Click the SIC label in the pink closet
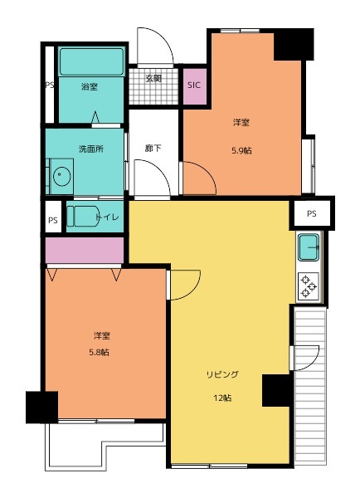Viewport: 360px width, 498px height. pyautogui.click(x=194, y=85)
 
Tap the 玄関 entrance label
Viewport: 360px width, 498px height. pyautogui.click(x=153, y=78)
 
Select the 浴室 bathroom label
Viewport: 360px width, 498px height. pyautogui.click(x=90, y=86)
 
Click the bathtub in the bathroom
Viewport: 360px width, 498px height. pyautogui.click(x=91, y=61)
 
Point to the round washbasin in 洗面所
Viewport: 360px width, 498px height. pyautogui.click(x=61, y=176)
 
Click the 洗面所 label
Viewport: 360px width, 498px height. pyautogui.click(x=91, y=149)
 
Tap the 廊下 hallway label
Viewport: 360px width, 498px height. pyautogui.click(x=153, y=148)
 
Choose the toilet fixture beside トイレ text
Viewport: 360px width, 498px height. pyautogui.click(x=83, y=217)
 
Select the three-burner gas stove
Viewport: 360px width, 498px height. pyautogui.click(x=309, y=287)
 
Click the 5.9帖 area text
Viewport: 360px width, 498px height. pyautogui.click(x=241, y=150)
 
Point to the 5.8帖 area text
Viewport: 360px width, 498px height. pyautogui.click(x=99, y=352)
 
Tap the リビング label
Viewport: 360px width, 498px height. pyautogui.click(x=222, y=374)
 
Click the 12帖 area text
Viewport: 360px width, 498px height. pyautogui.click(x=222, y=398)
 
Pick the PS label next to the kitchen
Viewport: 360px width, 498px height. pyautogui.click(x=311, y=214)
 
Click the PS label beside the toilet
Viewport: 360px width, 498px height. pyautogui.click(x=53, y=220)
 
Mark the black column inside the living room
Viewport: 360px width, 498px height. pyautogui.click(x=276, y=390)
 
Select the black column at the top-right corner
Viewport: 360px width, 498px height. pyautogui.click(x=294, y=45)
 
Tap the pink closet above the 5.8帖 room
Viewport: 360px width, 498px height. pyautogui.click(x=85, y=250)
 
